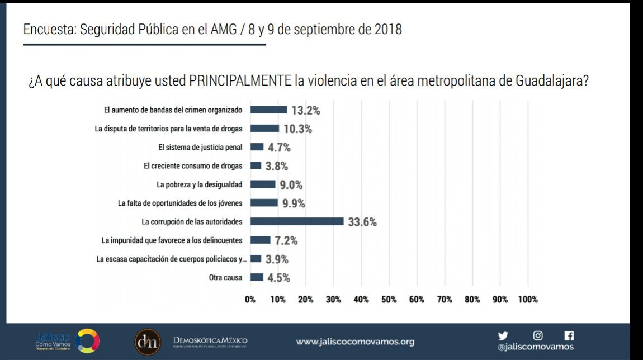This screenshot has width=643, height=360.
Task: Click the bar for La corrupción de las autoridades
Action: point(296,221)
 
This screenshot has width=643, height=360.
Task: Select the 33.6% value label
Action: point(362,222)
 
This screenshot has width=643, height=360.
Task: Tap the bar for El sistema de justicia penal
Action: point(257,147)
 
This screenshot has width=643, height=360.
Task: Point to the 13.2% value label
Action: point(306,111)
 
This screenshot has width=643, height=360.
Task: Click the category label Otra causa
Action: point(225,277)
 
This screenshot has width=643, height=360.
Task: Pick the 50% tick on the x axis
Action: point(389,300)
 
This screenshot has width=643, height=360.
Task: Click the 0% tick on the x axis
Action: point(250,300)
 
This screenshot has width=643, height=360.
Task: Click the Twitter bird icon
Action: point(503,336)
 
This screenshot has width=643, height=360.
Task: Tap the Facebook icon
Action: point(569,336)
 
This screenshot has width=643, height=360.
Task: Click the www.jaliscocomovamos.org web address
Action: point(355,341)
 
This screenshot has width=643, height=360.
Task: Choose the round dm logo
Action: point(148,340)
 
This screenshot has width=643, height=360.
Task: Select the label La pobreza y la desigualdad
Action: point(200,184)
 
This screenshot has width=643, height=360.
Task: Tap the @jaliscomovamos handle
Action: point(535,347)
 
